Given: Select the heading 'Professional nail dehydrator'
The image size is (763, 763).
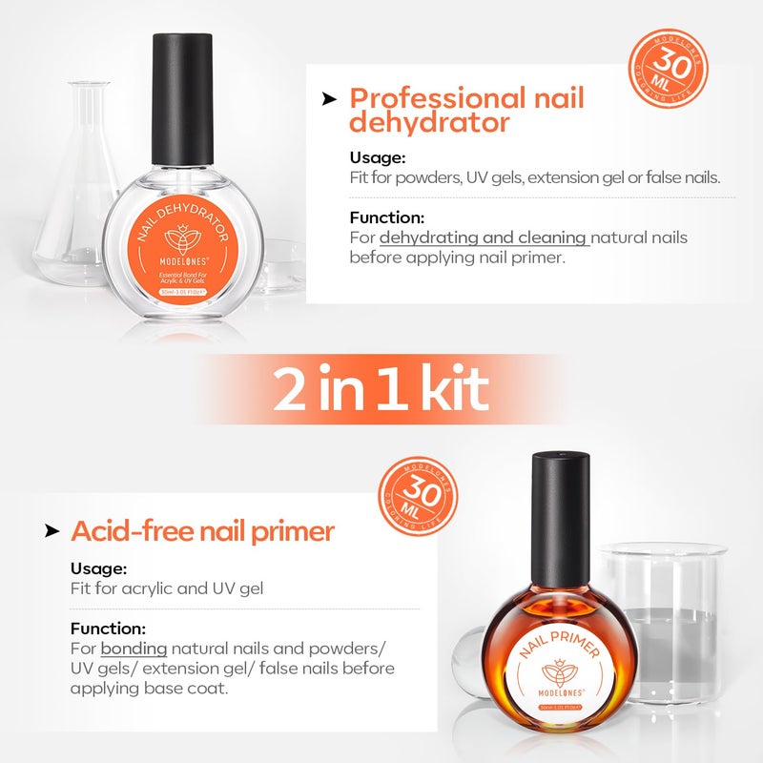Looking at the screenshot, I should coord(466,110).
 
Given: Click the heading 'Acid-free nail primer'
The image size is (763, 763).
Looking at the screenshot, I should coord(202,531).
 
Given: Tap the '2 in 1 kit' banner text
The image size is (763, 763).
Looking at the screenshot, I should coord(381,388).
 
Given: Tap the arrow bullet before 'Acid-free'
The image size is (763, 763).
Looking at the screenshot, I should coord(52,531).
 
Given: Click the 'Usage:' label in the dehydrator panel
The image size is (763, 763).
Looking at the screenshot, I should coord(378,158).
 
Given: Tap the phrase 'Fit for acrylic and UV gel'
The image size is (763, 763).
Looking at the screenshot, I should coord(167,588).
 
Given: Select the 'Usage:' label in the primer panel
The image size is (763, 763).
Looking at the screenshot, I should coord(99,569).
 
